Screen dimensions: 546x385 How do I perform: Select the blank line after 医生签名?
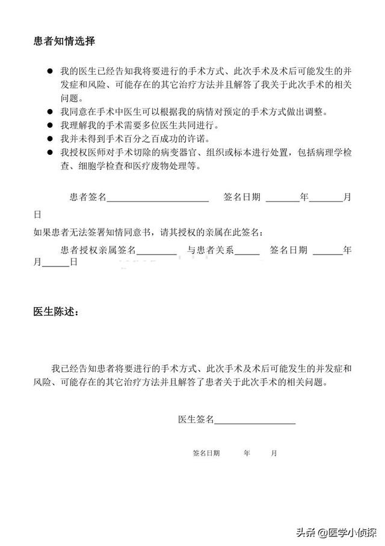(254, 420)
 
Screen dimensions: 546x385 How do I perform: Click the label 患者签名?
(88, 197)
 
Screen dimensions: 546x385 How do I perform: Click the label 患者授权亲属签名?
(99, 249)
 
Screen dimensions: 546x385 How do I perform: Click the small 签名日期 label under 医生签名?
(206, 453)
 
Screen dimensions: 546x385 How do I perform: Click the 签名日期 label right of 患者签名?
(242, 197)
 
